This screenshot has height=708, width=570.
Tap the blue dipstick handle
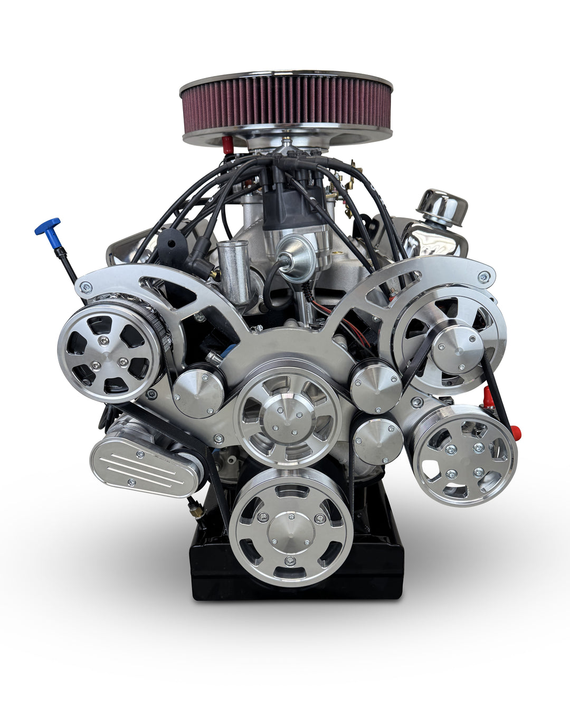coord(47,226)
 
